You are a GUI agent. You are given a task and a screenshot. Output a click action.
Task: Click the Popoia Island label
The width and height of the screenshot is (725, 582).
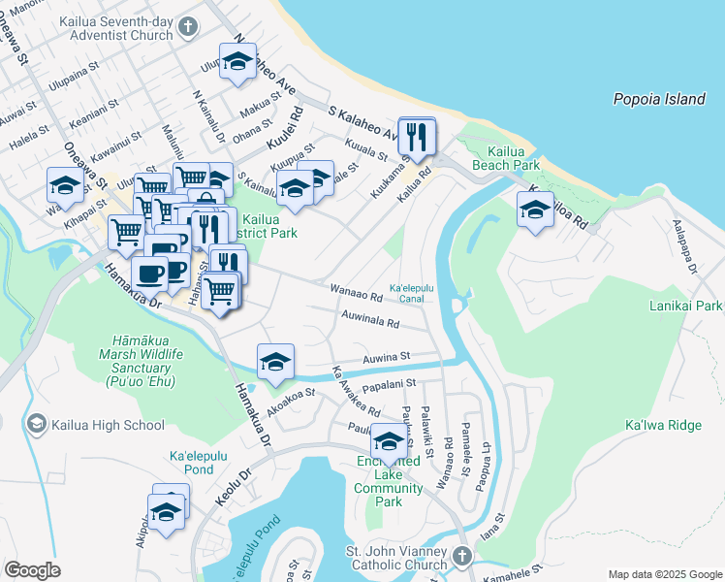[658, 99]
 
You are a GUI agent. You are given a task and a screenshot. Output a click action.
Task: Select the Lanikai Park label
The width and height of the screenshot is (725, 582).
[687, 307]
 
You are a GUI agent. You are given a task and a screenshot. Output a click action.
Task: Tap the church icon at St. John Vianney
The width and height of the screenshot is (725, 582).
[461, 555]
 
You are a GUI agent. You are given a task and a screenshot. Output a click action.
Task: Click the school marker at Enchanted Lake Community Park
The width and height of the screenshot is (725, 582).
[390, 440]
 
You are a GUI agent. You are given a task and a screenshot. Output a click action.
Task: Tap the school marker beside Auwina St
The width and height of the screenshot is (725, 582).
[275, 361]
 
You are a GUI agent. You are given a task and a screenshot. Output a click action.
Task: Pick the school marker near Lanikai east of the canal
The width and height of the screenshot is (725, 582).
[535, 209]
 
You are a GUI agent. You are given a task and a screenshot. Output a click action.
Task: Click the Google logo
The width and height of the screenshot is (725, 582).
[32, 570]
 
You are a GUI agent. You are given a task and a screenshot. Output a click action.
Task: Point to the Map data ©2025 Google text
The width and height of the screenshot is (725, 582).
[665, 574]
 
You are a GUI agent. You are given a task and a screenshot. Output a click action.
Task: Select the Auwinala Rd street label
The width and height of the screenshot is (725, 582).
[370, 319]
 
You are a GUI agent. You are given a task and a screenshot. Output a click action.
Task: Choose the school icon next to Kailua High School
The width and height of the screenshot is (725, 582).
[37, 423]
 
